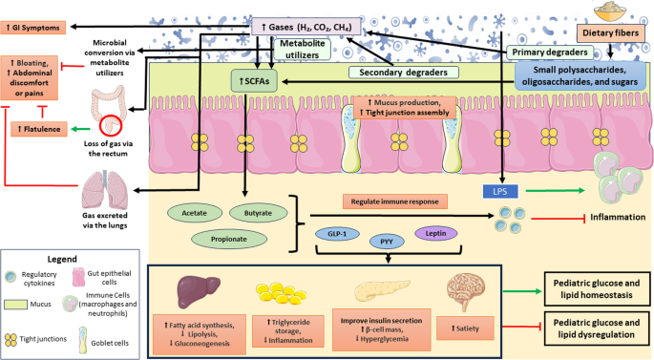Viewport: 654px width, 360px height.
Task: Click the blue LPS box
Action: point(500,192)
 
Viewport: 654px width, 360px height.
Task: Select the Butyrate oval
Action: point(258,213)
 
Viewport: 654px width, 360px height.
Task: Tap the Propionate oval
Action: point(229,239)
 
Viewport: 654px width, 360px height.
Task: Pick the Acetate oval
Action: point(195,213)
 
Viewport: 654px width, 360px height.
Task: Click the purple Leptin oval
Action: point(436,233)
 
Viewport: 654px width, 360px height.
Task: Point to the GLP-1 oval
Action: point(337,234)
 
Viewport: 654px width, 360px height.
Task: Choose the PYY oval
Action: point(387,242)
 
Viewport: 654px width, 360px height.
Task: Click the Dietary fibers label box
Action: point(611,33)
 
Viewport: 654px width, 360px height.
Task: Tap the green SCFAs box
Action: point(254,81)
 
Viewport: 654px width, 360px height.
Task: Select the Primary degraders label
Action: point(550,53)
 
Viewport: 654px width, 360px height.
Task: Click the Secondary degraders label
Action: point(403,73)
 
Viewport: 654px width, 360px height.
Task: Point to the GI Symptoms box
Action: point(33,28)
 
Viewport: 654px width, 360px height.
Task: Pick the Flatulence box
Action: point(39,129)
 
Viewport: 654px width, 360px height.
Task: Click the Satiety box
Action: point(465,328)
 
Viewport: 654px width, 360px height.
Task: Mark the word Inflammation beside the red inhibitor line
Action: point(618,217)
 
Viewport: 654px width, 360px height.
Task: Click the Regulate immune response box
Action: point(395,201)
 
